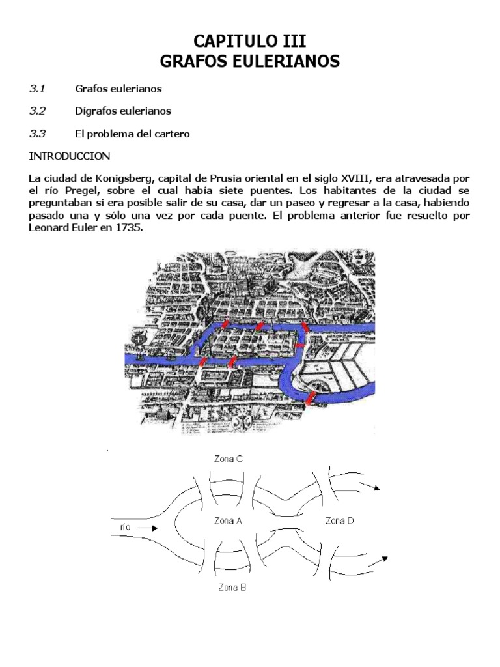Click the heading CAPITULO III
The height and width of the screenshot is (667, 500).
250,42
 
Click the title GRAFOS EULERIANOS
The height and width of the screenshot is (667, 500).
250,62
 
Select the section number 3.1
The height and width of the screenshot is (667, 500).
38,88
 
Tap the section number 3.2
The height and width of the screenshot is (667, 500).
38,111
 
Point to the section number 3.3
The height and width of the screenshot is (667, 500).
38,134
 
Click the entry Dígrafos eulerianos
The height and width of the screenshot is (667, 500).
123,111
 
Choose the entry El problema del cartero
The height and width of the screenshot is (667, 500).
133,134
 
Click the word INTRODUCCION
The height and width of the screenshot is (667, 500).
70,156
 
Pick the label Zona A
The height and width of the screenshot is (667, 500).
228,520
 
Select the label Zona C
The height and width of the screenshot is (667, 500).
229,459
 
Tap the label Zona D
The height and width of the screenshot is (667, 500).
339,520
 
